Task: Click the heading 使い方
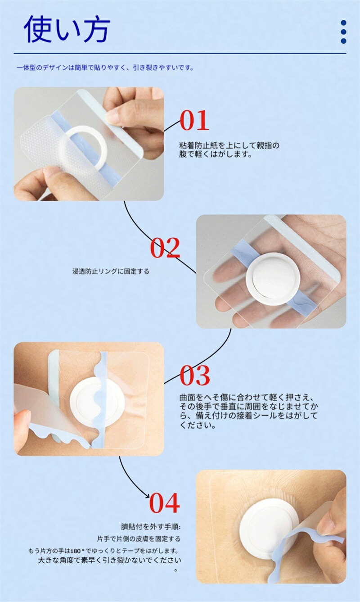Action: point(67,29)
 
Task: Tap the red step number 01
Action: point(194,120)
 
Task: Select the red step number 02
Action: point(165,248)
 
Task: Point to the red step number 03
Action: point(195,375)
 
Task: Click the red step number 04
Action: point(165,503)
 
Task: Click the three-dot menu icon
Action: point(343,32)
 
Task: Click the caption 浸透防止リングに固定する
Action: point(111,271)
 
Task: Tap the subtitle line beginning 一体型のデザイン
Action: point(105,68)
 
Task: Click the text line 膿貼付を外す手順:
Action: point(150,526)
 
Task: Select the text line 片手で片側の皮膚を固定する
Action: point(139,539)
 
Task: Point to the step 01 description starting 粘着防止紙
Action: point(229,149)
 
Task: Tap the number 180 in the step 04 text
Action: point(76,551)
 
